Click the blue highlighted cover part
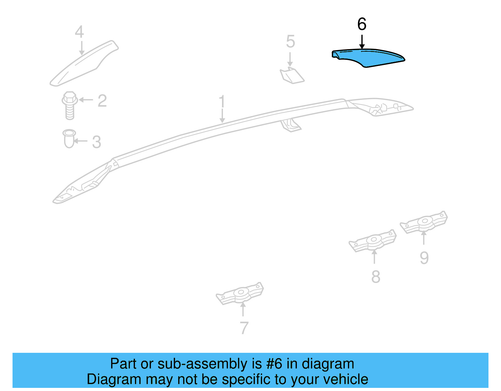pyautogui.click(x=368, y=58)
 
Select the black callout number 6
pyautogui.click(x=362, y=24)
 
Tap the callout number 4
pyautogui.click(x=79, y=32)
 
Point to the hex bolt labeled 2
pyautogui.click(x=70, y=105)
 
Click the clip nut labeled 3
pyautogui.click(x=69, y=138)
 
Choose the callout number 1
pyautogui.click(x=222, y=101)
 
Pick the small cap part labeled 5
pyautogui.click(x=292, y=75)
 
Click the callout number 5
pyautogui.click(x=291, y=41)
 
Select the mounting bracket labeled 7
pyautogui.click(x=240, y=293)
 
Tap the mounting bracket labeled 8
pyautogui.click(x=373, y=241)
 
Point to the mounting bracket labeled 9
pyautogui.click(x=424, y=222)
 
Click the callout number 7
pyautogui.click(x=244, y=328)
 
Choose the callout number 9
pyautogui.click(x=424, y=258)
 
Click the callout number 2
pyautogui.click(x=102, y=101)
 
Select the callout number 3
pyautogui.click(x=97, y=142)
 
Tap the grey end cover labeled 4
pyautogui.click(x=84, y=63)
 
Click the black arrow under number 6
pyautogui.click(x=362, y=42)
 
